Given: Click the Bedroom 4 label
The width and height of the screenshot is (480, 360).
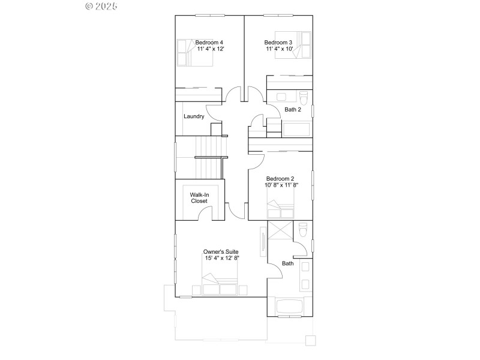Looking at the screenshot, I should (x=209, y=43).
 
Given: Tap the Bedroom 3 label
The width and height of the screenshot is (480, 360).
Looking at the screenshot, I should (x=278, y=43).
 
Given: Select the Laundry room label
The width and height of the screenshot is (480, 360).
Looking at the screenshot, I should (x=194, y=116).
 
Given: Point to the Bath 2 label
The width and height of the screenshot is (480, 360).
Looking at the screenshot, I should (x=293, y=109).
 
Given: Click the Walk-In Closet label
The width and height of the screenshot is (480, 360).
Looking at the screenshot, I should (x=199, y=198).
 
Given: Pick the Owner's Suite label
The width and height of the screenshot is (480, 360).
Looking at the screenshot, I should (x=221, y=251).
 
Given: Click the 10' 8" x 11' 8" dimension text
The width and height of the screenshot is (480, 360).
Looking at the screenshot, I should (x=281, y=185).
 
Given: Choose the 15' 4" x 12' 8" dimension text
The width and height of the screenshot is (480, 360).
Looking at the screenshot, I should (x=221, y=259).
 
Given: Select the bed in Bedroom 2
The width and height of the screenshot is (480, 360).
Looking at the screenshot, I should (x=281, y=209).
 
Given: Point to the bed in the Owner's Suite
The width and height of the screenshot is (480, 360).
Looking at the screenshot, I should (x=220, y=285).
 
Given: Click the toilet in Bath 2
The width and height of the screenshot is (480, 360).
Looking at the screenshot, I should (x=303, y=97).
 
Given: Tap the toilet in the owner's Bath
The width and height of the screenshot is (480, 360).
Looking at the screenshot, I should (x=303, y=230).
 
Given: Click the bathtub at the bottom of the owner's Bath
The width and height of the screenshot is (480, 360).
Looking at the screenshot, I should (x=290, y=307).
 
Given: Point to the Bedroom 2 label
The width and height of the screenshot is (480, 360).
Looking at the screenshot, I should (x=280, y=179).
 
